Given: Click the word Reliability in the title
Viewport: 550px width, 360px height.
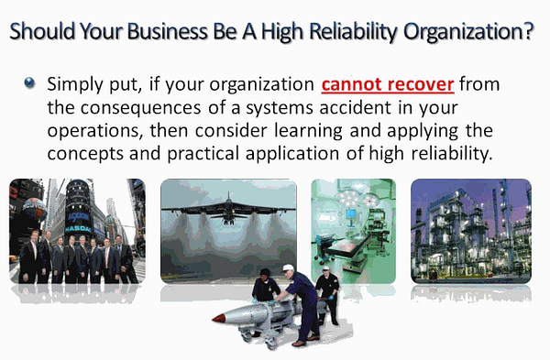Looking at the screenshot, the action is (x=353, y=31).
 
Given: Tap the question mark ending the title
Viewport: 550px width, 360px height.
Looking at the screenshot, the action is (x=528, y=30).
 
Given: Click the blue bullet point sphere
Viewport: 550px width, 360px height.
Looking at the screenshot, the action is (x=30, y=82).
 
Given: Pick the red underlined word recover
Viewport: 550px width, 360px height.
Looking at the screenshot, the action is (x=421, y=84).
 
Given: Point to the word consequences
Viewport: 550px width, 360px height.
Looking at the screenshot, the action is (x=141, y=108).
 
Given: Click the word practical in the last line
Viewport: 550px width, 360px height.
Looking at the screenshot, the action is (x=203, y=154).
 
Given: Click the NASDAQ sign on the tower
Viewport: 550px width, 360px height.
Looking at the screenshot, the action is (x=78, y=229).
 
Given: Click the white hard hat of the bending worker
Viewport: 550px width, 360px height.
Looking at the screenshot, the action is (x=288, y=268).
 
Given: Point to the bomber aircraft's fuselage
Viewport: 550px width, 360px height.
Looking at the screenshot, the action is (x=228, y=211).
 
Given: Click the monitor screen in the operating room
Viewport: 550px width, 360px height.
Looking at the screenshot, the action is (x=351, y=213).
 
